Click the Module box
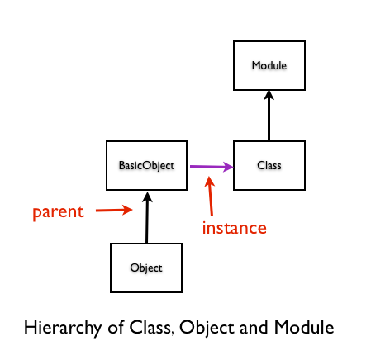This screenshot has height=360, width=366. click(269, 65)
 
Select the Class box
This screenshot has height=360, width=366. click(269, 165)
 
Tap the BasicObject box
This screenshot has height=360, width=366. click(146, 165)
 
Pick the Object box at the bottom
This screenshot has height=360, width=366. click(146, 268)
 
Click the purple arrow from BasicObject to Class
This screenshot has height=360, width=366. click(212, 167)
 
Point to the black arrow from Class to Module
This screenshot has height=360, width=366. click(269, 116)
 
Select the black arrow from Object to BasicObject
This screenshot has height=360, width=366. click(147, 217)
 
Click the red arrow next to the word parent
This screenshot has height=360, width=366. click(114, 210)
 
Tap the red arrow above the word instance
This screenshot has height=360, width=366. click(210, 196)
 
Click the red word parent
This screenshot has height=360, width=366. click(58, 212)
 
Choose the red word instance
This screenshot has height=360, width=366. click(235, 228)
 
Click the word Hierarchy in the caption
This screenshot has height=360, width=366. click(63, 328)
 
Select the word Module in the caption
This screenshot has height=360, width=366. click(304, 327)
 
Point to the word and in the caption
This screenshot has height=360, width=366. click(254, 327)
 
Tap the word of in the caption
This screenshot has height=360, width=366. click(116, 327)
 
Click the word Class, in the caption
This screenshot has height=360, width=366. click(152, 328)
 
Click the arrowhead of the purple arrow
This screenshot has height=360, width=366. click(228, 167)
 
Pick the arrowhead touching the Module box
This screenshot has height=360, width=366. click(269, 95)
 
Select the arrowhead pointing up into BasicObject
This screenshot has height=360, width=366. click(147, 197)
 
